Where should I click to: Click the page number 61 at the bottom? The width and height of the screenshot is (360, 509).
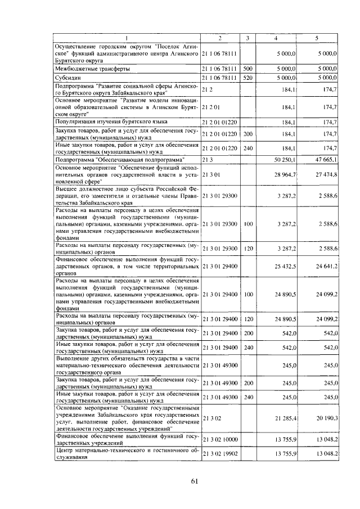click(x=195, y=480)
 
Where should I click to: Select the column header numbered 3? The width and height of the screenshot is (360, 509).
click(x=247, y=38)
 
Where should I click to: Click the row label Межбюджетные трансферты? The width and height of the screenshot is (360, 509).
click(x=92, y=68)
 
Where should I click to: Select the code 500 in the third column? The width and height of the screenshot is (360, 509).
click(x=247, y=68)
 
